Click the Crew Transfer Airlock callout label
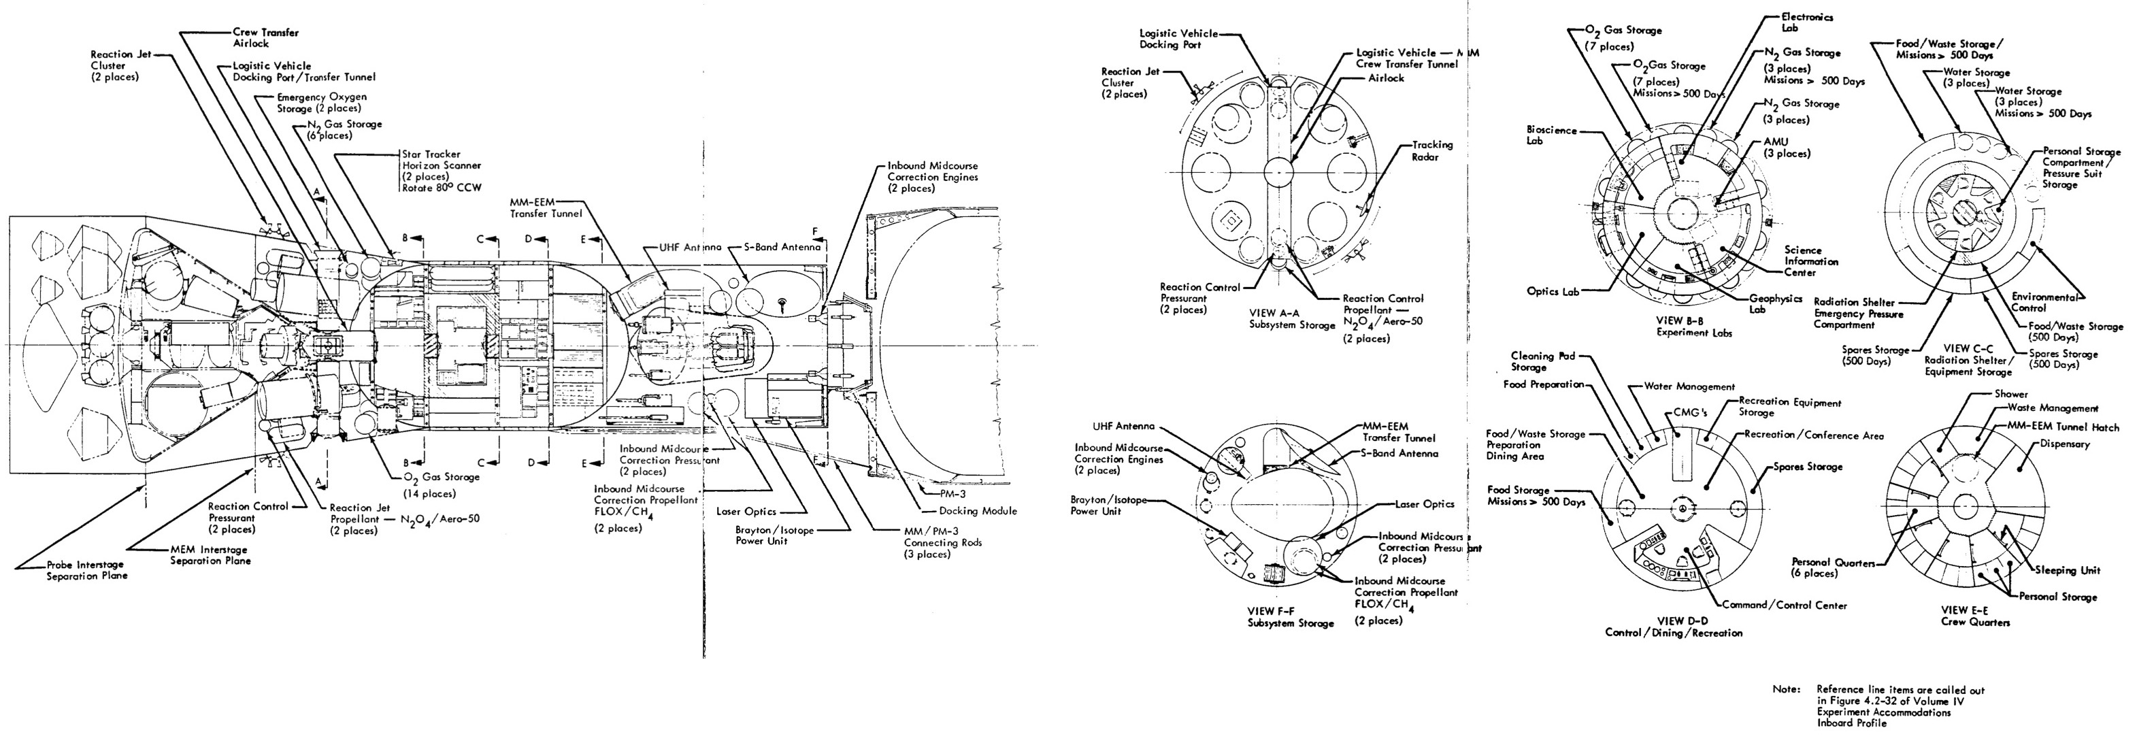point(265,37)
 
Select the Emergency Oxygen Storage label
point(322,102)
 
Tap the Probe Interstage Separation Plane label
point(87,570)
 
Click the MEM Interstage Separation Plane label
point(211,554)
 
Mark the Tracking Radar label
point(1433,150)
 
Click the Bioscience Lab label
point(1551,135)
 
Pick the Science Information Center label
point(1811,261)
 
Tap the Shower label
point(2011,393)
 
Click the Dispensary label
point(2066,443)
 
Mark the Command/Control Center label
point(1785,605)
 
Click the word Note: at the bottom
point(1786,689)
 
